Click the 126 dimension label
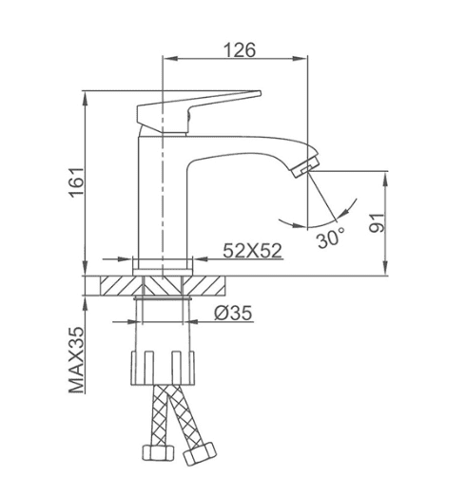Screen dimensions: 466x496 (x=240, y=50)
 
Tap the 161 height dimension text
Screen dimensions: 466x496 (x=77, y=182)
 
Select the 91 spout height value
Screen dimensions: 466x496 (x=378, y=223)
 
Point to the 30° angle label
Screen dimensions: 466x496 (x=330, y=238)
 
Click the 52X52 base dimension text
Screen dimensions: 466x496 (x=252, y=251)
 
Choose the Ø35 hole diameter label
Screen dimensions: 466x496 (x=233, y=313)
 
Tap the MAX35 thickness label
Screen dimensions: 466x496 (x=77, y=360)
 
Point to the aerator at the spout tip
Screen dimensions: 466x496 (x=305, y=165)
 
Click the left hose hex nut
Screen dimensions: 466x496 (x=158, y=452)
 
